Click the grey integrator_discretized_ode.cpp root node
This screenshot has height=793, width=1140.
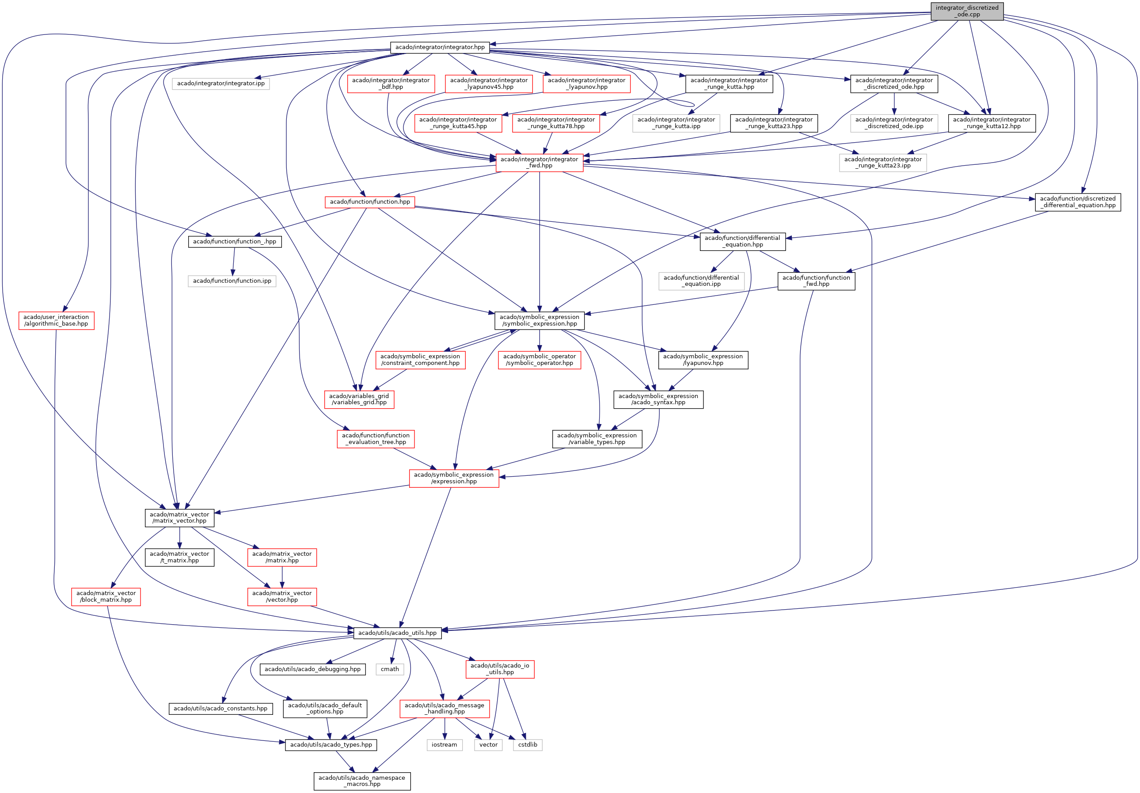[x=967, y=11]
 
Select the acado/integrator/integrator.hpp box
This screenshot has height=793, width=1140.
[x=440, y=47]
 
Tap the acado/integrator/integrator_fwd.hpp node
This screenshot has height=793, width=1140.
[x=539, y=163]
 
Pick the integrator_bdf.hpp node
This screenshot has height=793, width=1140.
[x=391, y=83]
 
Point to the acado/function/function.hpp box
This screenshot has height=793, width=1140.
[x=370, y=201]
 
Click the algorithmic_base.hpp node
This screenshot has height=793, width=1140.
[x=56, y=320]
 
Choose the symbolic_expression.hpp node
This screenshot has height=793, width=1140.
[x=539, y=320]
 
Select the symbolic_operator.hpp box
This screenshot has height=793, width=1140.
[x=539, y=360]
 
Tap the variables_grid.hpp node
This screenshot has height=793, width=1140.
[x=359, y=399]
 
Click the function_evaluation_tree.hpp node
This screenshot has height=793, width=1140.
[x=376, y=438]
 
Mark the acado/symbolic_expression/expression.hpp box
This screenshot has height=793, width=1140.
[x=454, y=478]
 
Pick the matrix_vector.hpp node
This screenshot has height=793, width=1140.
[x=179, y=517]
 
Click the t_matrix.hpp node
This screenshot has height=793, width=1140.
[x=179, y=557]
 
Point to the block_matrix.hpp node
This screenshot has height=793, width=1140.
[x=106, y=596]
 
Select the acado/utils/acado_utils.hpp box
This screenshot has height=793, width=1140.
[x=397, y=633]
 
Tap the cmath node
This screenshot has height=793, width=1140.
[x=390, y=669]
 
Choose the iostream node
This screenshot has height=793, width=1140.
[x=445, y=744]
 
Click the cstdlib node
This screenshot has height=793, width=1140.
[x=527, y=744]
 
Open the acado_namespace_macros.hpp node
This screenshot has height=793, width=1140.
[x=361, y=781]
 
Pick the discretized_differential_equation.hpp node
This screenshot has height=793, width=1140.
[x=1077, y=201]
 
